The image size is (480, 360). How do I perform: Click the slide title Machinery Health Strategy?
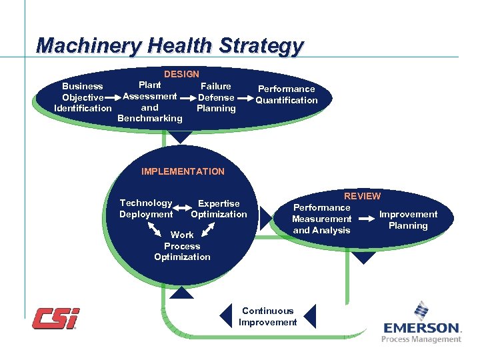tap(170, 45)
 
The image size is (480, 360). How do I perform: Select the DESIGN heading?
tap(181, 74)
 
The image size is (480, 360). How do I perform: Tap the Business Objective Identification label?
tap(83, 97)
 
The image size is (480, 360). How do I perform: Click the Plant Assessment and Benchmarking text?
tap(149, 102)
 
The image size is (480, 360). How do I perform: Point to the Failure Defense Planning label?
tap(216, 97)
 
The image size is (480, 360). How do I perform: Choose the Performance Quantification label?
tap(287, 95)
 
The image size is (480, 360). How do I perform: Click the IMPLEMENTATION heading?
tap(183, 171)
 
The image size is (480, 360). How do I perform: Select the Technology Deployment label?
tap(146, 209)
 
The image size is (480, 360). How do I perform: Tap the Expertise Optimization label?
tap(219, 209)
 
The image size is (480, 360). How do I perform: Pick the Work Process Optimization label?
tap(182, 246)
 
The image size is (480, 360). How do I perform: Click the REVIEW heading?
tap(362, 196)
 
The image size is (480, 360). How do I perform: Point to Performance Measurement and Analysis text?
tap(322, 219)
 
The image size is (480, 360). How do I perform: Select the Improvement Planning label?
tap(408, 220)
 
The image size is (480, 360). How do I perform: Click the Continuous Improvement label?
tap(267, 317)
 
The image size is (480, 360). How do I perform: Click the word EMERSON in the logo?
tap(422, 328)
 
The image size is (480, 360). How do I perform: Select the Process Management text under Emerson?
tap(421, 339)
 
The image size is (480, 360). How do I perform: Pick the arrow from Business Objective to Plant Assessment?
tap(113, 97)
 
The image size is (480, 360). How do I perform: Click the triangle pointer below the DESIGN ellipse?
tap(181, 137)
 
